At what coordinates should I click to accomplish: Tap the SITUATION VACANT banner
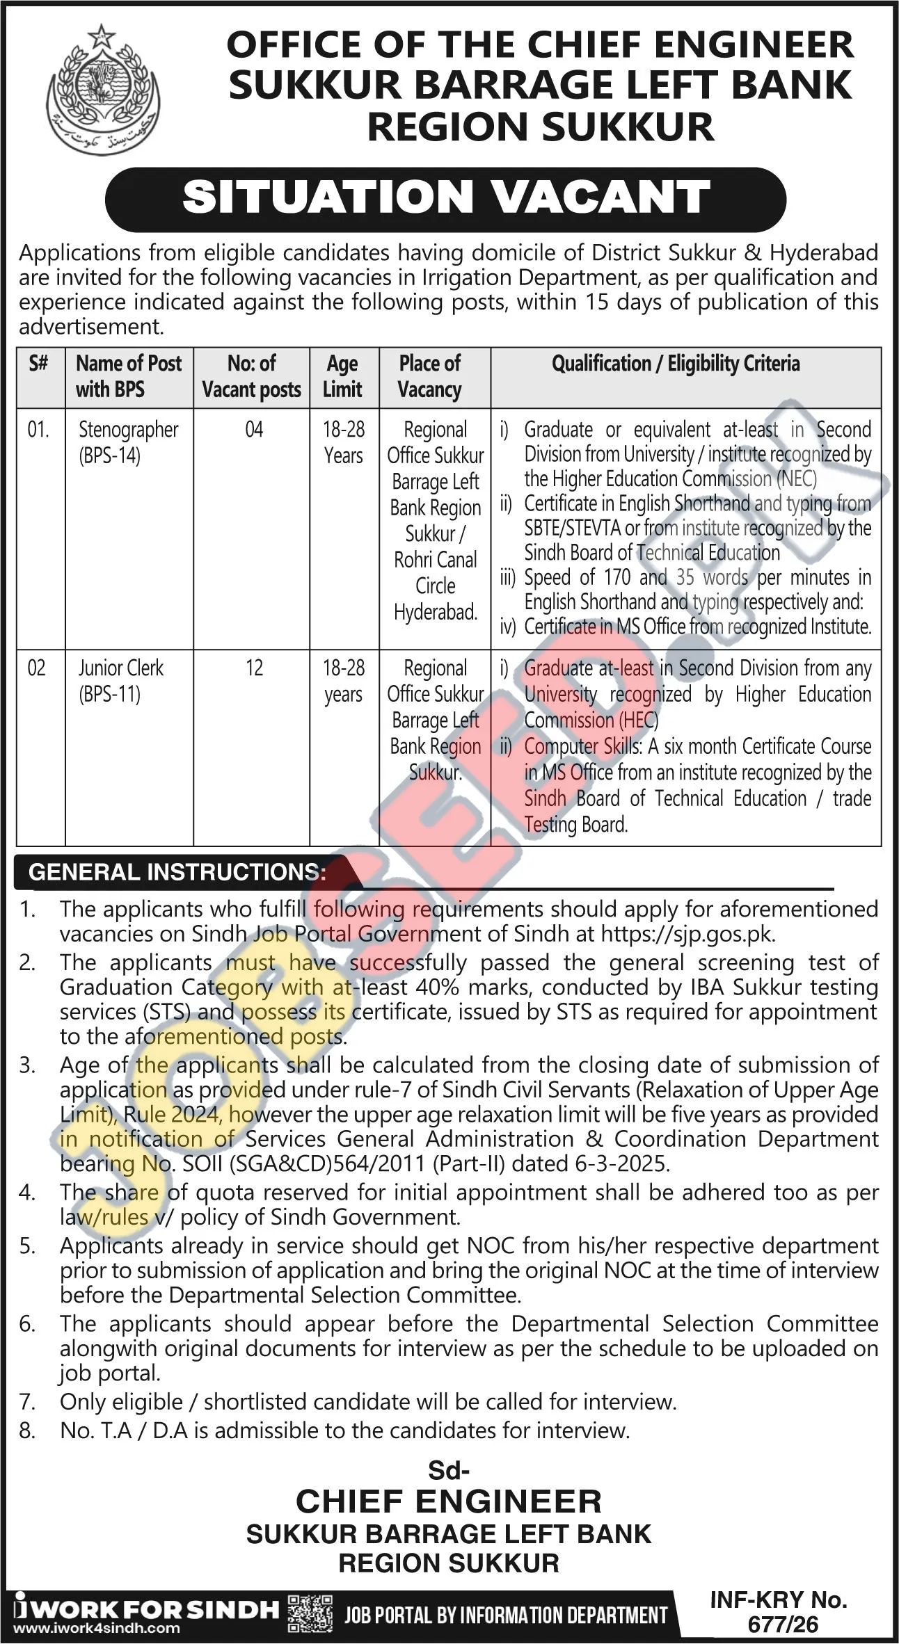coord(446,198)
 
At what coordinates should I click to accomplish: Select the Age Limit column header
coord(343,376)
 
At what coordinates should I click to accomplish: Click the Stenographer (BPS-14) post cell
coord(128,442)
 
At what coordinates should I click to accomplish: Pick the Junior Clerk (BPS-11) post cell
coord(120,681)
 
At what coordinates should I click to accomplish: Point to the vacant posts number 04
coord(254,429)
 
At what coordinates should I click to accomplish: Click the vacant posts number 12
coord(254,668)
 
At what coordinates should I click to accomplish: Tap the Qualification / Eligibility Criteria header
coord(676,363)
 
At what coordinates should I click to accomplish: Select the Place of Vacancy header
coord(430,376)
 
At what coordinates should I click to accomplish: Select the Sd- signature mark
coord(449,1472)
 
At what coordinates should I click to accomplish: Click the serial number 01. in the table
coord(39,429)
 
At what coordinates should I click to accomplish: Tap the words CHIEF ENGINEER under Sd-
coord(449,1501)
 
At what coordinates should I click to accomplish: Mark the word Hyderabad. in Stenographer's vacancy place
coord(436,612)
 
